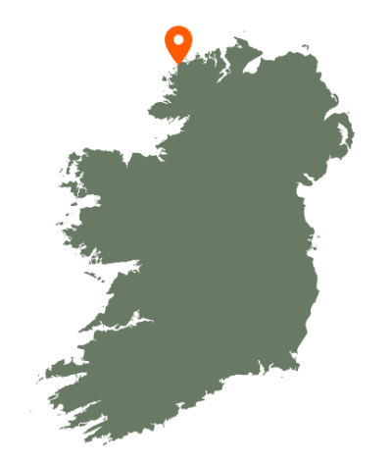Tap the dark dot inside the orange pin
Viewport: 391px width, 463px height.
click(178, 40)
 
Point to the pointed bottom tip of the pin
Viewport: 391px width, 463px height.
click(178, 63)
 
